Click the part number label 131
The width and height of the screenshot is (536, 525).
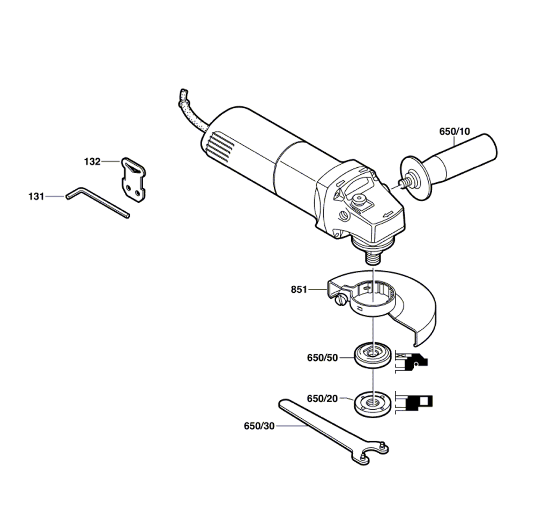pyautogui.click(x=36, y=197)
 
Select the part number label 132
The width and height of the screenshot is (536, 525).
pyautogui.click(x=92, y=161)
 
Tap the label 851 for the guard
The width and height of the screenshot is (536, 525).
pyautogui.click(x=299, y=290)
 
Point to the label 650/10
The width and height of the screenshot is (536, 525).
pyautogui.click(x=455, y=131)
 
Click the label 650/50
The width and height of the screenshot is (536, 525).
pyautogui.click(x=322, y=358)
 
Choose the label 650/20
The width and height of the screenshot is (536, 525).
pyautogui.click(x=322, y=398)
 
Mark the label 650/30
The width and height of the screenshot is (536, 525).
pyautogui.click(x=259, y=426)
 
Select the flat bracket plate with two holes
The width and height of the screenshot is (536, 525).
pyautogui.click(x=133, y=180)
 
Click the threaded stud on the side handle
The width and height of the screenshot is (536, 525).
pyautogui.click(x=405, y=182)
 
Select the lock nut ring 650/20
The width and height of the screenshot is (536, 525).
pyautogui.click(x=373, y=404)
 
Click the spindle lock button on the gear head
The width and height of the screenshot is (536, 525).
pyautogui.click(x=359, y=200)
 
